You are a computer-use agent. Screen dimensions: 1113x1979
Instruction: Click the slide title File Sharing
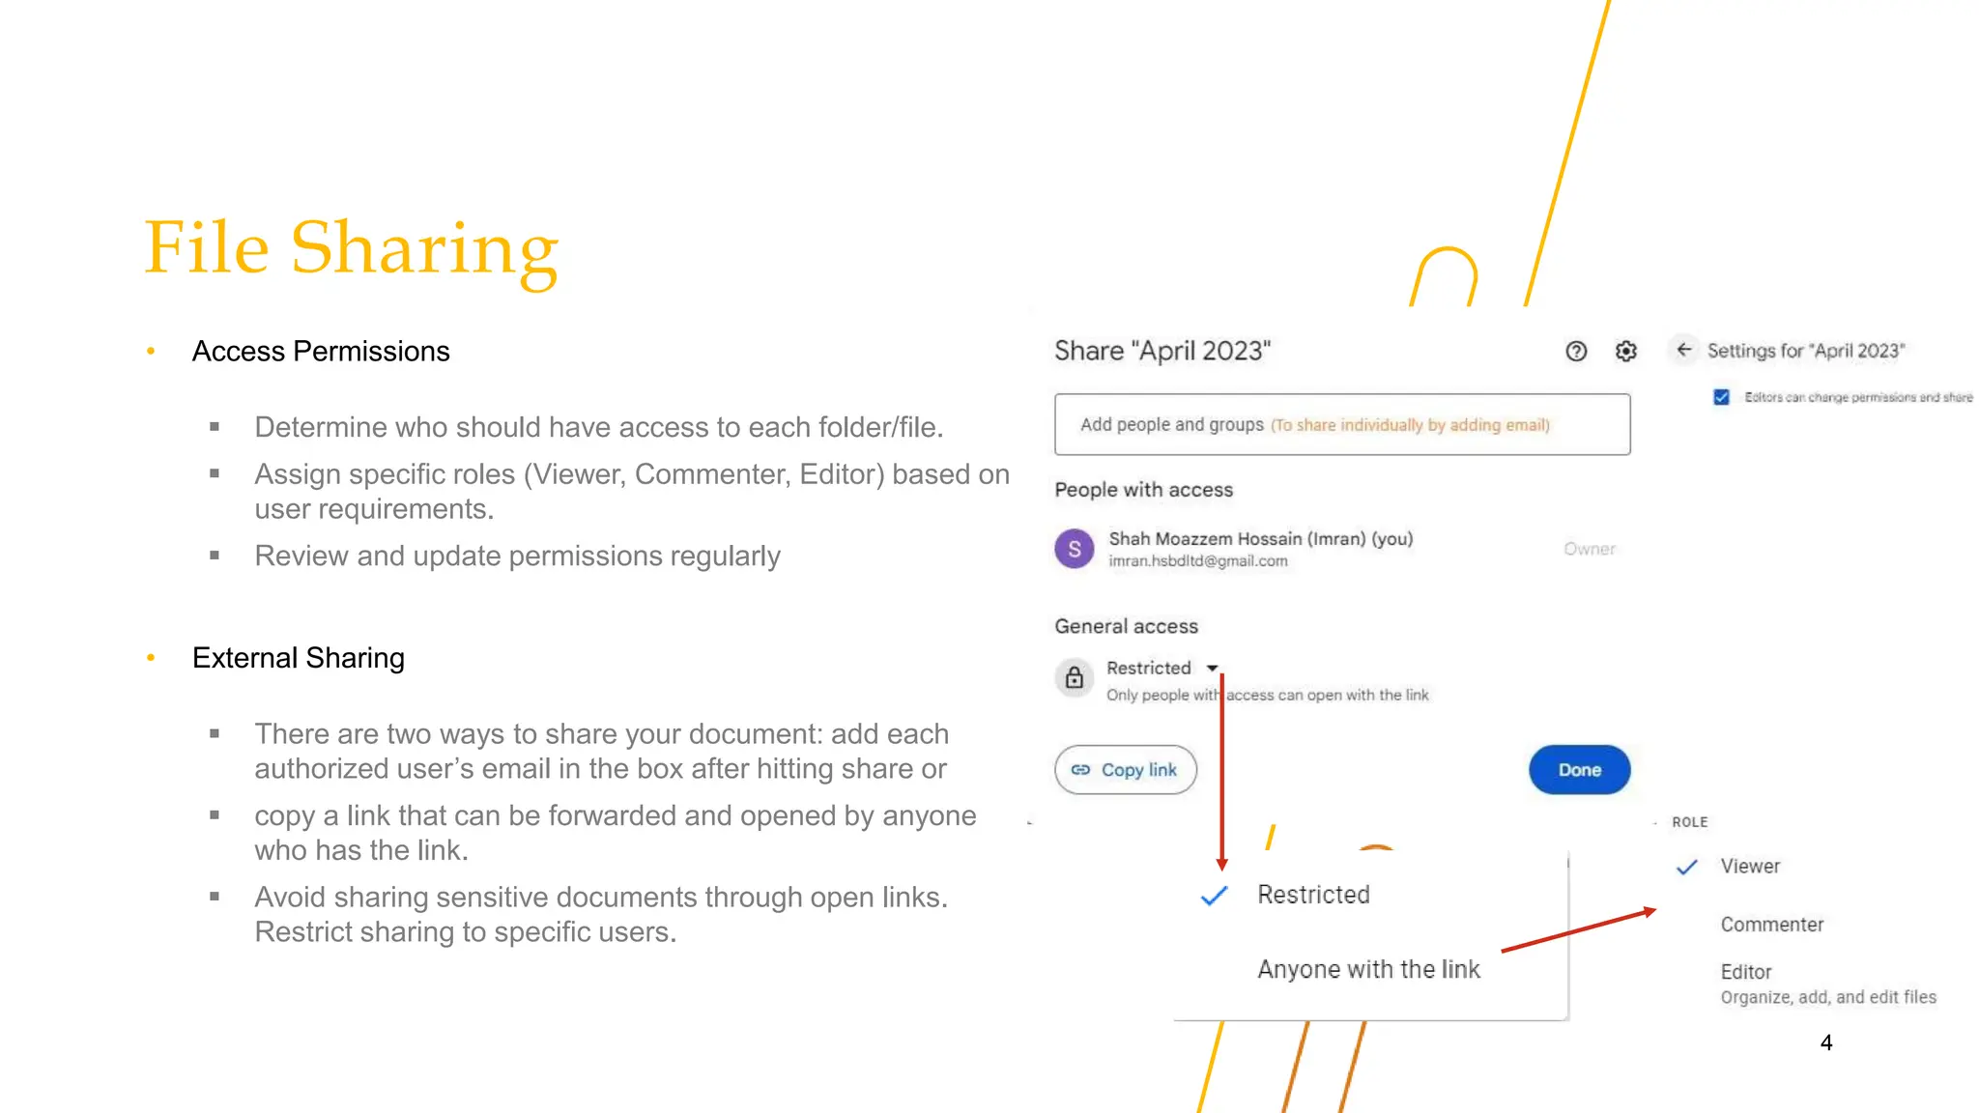(351, 248)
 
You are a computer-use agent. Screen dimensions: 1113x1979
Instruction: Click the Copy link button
(1125, 770)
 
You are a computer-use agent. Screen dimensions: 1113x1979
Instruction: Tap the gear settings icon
(1625, 352)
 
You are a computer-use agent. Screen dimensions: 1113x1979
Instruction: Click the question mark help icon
(1576, 352)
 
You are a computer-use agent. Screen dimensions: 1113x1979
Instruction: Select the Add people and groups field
(1341, 424)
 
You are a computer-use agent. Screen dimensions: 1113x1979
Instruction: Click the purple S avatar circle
(1074, 549)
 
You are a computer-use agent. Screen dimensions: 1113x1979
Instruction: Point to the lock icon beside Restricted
(1074, 678)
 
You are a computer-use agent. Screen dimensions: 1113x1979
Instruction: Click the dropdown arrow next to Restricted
(1212, 669)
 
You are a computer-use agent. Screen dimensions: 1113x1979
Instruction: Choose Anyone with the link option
(1368, 969)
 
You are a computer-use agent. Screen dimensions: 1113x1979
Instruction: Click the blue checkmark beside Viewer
(1686, 867)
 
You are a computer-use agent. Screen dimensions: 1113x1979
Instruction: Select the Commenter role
(1771, 925)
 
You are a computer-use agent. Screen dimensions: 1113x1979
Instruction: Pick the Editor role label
(1745, 972)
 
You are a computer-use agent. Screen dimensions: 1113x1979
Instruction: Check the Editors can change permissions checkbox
(1721, 397)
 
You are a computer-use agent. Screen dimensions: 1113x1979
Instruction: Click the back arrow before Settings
(1683, 350)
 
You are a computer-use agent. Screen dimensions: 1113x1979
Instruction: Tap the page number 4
(1825, 1042)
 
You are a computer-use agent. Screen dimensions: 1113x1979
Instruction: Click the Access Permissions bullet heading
(321, 352)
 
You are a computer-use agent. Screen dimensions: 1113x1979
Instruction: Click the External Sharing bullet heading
(298, 658)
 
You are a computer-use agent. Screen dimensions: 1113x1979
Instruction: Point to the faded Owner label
(1589, 549)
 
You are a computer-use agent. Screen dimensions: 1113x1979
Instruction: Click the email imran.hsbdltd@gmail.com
(1197, 561)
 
